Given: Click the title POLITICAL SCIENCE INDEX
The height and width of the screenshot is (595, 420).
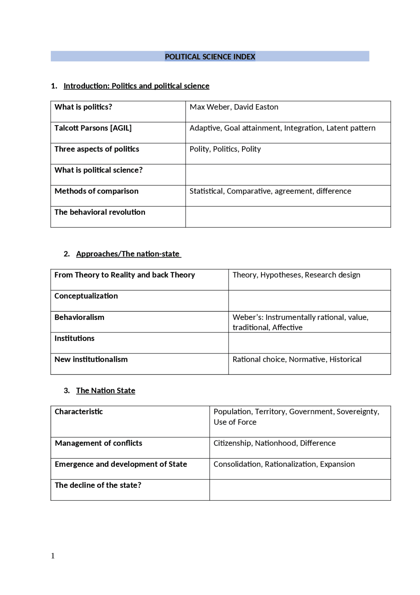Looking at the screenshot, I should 210,57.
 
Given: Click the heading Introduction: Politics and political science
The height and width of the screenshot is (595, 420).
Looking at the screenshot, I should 136,86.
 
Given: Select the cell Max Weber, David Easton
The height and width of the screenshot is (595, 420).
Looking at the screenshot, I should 234,107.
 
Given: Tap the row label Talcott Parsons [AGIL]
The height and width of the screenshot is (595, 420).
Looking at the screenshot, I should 93,128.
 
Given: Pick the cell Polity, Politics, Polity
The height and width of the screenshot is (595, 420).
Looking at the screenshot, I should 225,149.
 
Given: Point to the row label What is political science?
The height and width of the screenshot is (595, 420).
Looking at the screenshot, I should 98,170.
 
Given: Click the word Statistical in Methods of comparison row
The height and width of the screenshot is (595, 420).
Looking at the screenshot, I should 206,191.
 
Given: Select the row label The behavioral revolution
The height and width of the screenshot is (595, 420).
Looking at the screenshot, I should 100,212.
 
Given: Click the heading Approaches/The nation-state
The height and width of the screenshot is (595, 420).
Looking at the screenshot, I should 128,254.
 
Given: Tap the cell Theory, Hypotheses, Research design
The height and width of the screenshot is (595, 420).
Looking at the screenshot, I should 296,275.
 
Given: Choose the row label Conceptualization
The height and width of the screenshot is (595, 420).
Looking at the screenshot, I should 86,296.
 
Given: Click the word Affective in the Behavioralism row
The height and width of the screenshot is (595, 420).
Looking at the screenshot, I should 287,328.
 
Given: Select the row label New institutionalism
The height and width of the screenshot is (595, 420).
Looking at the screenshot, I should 91,359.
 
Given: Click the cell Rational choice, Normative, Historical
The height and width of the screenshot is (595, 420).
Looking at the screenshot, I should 297,359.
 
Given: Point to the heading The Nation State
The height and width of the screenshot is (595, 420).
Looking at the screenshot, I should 105,391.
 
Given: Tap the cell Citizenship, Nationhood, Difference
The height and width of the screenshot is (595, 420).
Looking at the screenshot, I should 274,443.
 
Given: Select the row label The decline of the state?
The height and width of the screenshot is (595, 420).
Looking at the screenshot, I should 98,485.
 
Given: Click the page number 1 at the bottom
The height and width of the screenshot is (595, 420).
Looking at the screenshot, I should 53,556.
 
